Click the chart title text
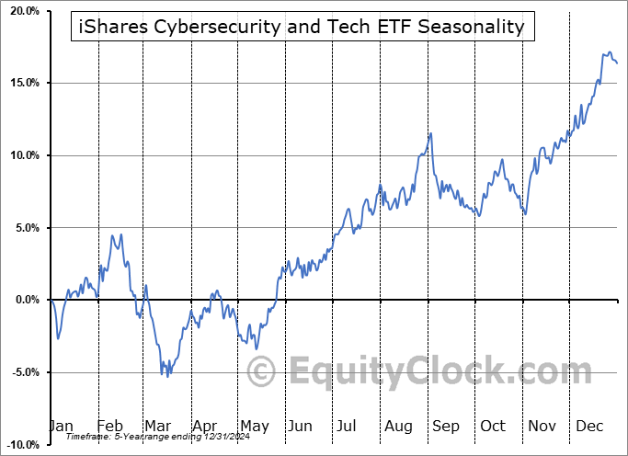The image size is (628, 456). point(299,27)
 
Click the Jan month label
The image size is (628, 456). point(61,426)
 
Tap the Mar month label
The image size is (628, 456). point(157,426)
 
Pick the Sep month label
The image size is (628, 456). point(446,426)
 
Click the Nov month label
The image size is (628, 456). point(542,426)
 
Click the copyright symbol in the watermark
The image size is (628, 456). point(263,371)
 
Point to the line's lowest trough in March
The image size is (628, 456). point(167,377)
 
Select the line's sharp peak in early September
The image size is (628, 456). point(430,134)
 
